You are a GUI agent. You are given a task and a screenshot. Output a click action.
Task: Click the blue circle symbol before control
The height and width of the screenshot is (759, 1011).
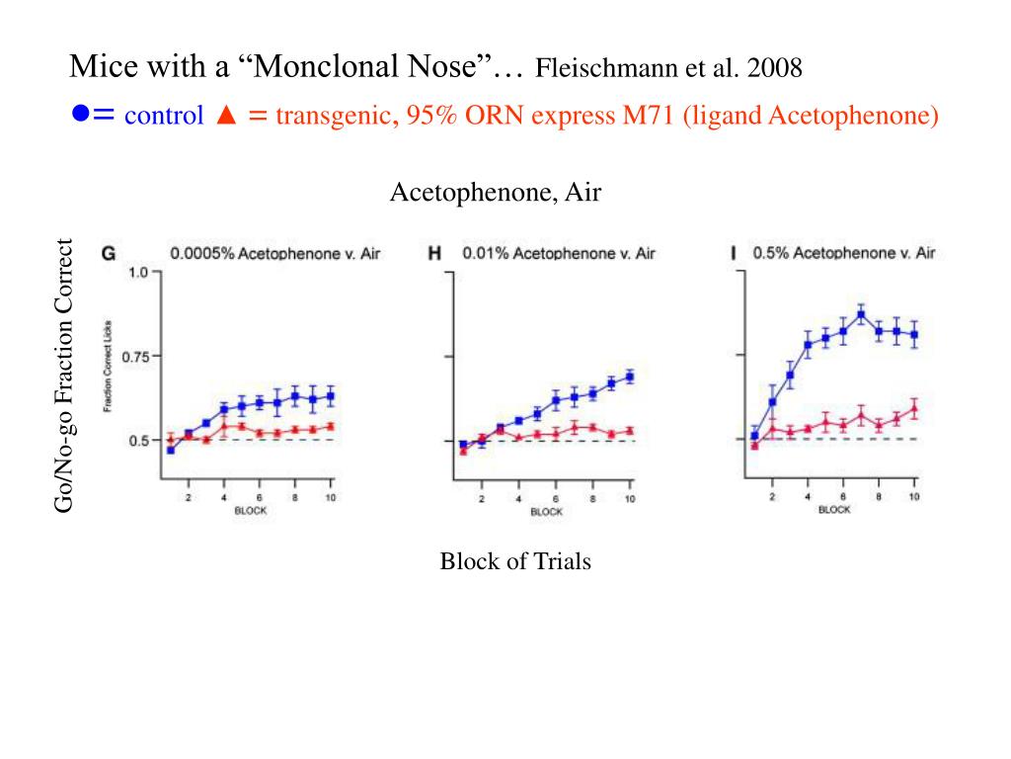click(79, 115)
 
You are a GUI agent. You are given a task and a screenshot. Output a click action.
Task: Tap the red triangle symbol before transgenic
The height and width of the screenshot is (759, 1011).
click(224, 116)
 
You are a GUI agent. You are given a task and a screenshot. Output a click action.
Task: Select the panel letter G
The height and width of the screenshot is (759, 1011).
click(110, 253)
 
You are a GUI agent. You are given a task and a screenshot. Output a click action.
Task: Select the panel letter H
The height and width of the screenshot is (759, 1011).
click(433, 253)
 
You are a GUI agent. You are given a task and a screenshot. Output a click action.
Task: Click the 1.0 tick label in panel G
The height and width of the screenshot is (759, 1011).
click(137, 273)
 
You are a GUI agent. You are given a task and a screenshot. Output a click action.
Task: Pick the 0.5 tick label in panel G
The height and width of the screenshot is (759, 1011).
click(137, 441)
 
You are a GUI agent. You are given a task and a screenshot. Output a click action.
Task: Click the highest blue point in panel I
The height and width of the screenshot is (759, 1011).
click(861, 315)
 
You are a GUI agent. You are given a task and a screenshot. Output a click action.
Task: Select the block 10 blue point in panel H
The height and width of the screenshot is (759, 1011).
click(629, 377)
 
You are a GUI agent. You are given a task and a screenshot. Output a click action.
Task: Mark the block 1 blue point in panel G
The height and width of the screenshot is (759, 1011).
click(170, 450)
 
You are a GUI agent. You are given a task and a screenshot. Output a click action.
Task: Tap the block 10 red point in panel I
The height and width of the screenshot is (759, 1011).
click(914, 407)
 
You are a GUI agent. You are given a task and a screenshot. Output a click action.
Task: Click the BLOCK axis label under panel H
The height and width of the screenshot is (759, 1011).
click(546, 512)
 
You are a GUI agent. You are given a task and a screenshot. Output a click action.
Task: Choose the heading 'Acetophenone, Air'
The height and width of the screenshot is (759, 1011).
click(495, 193)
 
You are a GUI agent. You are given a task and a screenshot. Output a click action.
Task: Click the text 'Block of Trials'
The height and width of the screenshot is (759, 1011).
click(514, 562)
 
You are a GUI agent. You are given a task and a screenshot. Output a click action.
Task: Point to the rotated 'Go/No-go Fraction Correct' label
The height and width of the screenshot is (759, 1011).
click(64, 376)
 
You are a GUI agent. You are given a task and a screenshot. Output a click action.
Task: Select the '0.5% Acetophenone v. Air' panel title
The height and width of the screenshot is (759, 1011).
click(843, 253)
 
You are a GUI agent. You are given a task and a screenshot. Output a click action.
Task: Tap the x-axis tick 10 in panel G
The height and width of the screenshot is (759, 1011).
click(330, 497)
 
